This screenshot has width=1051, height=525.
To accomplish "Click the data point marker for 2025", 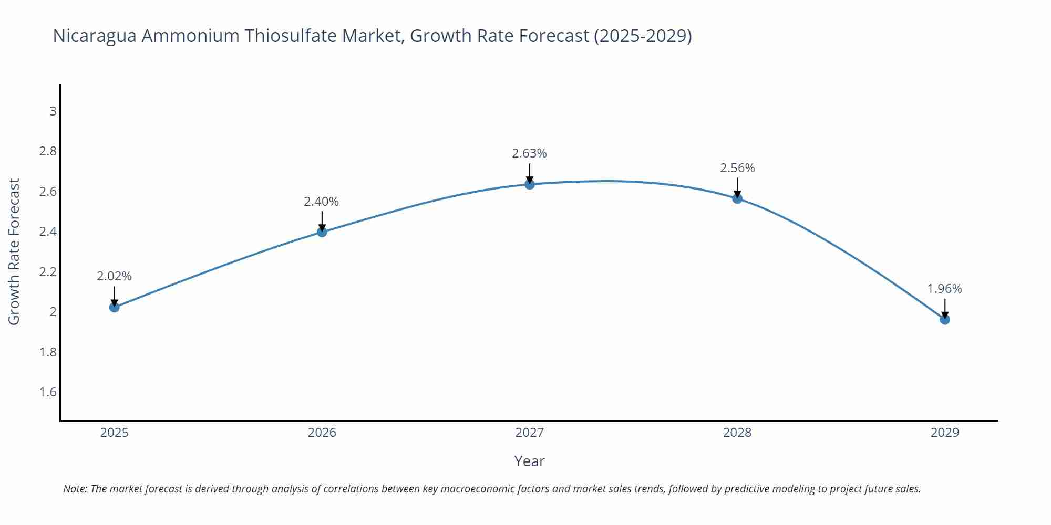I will coord(114,307).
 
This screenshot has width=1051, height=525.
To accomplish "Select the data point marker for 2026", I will coord(322,232).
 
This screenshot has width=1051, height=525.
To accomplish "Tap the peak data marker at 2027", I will coord(530,184).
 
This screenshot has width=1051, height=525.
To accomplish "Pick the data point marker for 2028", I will coord(737,198).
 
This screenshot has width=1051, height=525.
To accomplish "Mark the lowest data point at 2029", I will coord(945,319).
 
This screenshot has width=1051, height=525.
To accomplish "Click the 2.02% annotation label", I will coord(114,276).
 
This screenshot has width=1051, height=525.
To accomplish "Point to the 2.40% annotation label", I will coord(322,202).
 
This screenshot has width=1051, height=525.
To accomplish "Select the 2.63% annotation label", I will coord(529,153).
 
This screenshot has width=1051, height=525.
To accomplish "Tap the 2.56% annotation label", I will coord(737,168).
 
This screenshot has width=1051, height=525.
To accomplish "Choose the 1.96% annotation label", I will coord(944,289).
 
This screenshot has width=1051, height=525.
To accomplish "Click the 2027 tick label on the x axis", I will coord(529,433).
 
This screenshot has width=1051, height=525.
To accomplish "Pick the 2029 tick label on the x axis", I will coord(944,433).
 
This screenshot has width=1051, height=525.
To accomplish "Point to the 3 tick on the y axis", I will coord(53,111).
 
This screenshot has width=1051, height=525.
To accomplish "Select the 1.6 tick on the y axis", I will coord(48,392).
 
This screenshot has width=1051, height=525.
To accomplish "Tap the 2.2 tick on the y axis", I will coord(48,272).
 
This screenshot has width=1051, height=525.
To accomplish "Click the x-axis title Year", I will coord(529,461).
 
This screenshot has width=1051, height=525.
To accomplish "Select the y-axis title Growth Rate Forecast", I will coord(14,251).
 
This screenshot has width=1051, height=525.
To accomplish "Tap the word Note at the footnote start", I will coord(75,489).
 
